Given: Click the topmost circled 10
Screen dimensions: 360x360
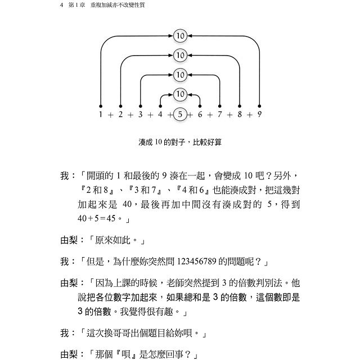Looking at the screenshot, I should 180,36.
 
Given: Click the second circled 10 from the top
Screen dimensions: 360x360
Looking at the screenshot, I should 180,55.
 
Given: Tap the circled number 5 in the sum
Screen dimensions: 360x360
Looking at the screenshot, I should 180,114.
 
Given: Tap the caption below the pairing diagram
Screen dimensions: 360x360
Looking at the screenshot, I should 180,142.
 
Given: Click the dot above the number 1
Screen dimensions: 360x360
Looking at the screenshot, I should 100,105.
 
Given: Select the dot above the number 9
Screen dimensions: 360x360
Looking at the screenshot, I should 260,105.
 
